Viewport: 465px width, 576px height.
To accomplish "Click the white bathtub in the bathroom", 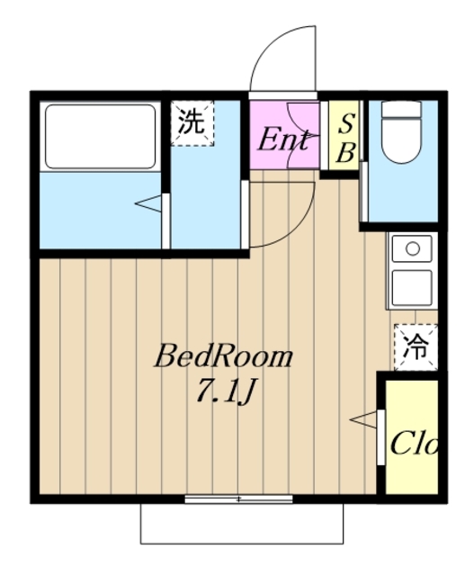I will [100, 136].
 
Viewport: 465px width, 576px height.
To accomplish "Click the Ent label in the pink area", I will [284, 140].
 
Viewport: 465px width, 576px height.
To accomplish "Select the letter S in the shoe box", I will [345, 124].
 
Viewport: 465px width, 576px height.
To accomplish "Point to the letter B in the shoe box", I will [345, 154].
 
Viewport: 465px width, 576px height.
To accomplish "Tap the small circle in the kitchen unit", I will [413, 247].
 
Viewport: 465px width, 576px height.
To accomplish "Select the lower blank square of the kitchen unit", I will [413, 287].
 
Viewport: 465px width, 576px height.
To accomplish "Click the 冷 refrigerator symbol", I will [415, 345].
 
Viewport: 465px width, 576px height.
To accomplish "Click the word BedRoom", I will [223, 357].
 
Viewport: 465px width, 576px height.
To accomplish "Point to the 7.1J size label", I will [227, 391].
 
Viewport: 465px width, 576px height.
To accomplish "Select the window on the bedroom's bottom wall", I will [239, 498].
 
